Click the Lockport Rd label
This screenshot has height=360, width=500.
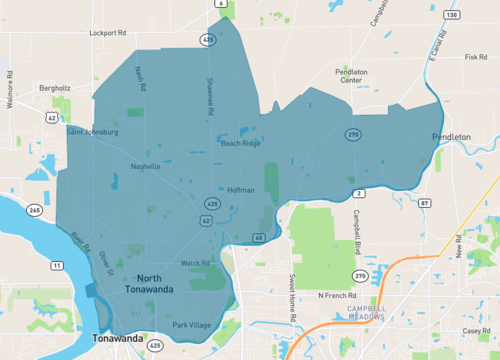(107, 32)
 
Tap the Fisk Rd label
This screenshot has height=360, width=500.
(475, 57)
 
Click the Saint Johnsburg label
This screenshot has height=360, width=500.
(92, 131)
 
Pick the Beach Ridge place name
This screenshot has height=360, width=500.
(240, 143)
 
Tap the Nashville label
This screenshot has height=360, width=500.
(144, 167)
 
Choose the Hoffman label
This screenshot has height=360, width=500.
(241, 189)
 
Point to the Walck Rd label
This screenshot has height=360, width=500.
(195, 263)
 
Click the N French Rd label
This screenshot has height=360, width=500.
(336, 295)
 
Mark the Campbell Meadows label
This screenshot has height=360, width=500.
(367, 312)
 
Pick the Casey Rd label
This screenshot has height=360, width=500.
(475, 330)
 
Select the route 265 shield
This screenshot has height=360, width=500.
(35, 210)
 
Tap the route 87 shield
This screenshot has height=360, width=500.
(425, 203)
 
